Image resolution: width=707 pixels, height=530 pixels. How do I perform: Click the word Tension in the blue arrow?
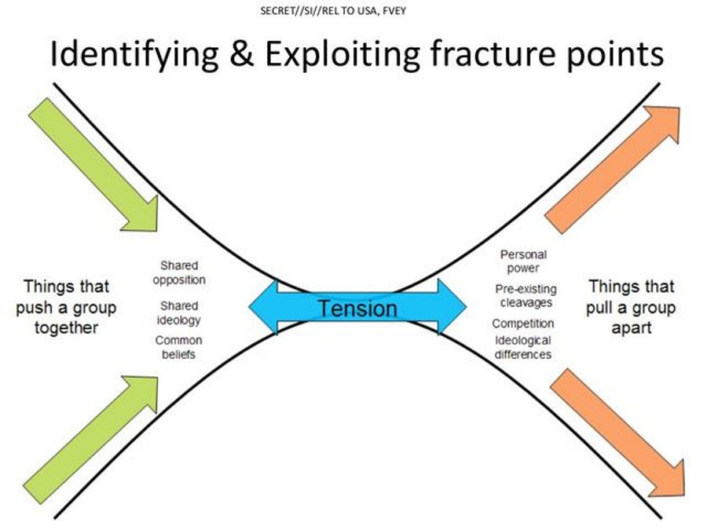[357, 308]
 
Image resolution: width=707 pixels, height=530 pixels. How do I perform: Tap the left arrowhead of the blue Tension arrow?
[264, 305]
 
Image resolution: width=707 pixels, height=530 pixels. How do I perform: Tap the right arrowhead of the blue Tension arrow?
[453, 305]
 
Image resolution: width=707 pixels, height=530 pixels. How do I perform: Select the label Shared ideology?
[179, 313]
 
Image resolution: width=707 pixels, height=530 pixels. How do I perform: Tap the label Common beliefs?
[178, 347]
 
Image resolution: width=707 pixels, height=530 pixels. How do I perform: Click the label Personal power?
[523, 261]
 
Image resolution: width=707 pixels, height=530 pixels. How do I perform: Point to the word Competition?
[522, 323]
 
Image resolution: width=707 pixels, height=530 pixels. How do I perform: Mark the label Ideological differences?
[522, 347]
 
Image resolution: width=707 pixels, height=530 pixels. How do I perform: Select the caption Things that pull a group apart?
[630, 306]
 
